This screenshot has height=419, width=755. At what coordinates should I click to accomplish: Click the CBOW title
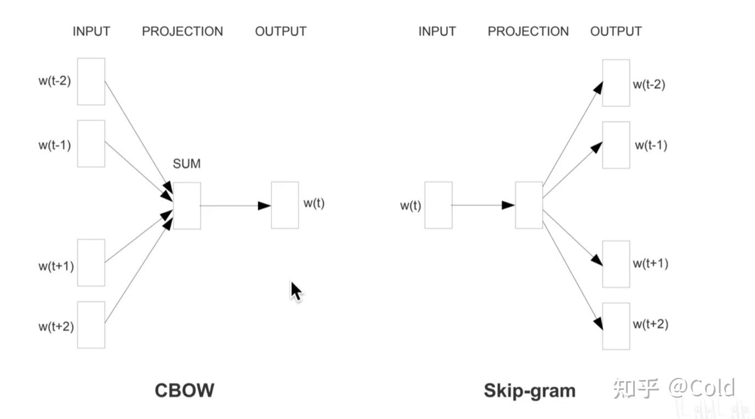tap(184, 390)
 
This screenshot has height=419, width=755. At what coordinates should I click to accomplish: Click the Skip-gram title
tap(529, 391)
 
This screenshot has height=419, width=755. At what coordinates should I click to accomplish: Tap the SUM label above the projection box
tap(187, 163)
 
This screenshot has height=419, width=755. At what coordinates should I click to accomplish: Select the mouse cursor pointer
tap(296, 292)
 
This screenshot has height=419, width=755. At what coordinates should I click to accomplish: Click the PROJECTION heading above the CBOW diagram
tap(182, 31)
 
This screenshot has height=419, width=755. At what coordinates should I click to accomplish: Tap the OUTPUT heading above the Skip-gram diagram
tap(616, 31)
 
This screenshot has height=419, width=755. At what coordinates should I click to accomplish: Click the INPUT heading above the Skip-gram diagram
tap(437, 31)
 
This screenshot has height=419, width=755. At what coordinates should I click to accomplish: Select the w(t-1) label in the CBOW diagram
tap(55, 145)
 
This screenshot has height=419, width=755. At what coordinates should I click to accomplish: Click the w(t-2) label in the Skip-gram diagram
tap(649, 84)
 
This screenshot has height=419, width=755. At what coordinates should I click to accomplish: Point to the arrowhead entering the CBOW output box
tap(264, 206)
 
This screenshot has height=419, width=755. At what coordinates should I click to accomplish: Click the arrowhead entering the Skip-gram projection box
tap(508, 205)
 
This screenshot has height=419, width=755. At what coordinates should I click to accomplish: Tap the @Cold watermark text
tap(702, 388)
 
